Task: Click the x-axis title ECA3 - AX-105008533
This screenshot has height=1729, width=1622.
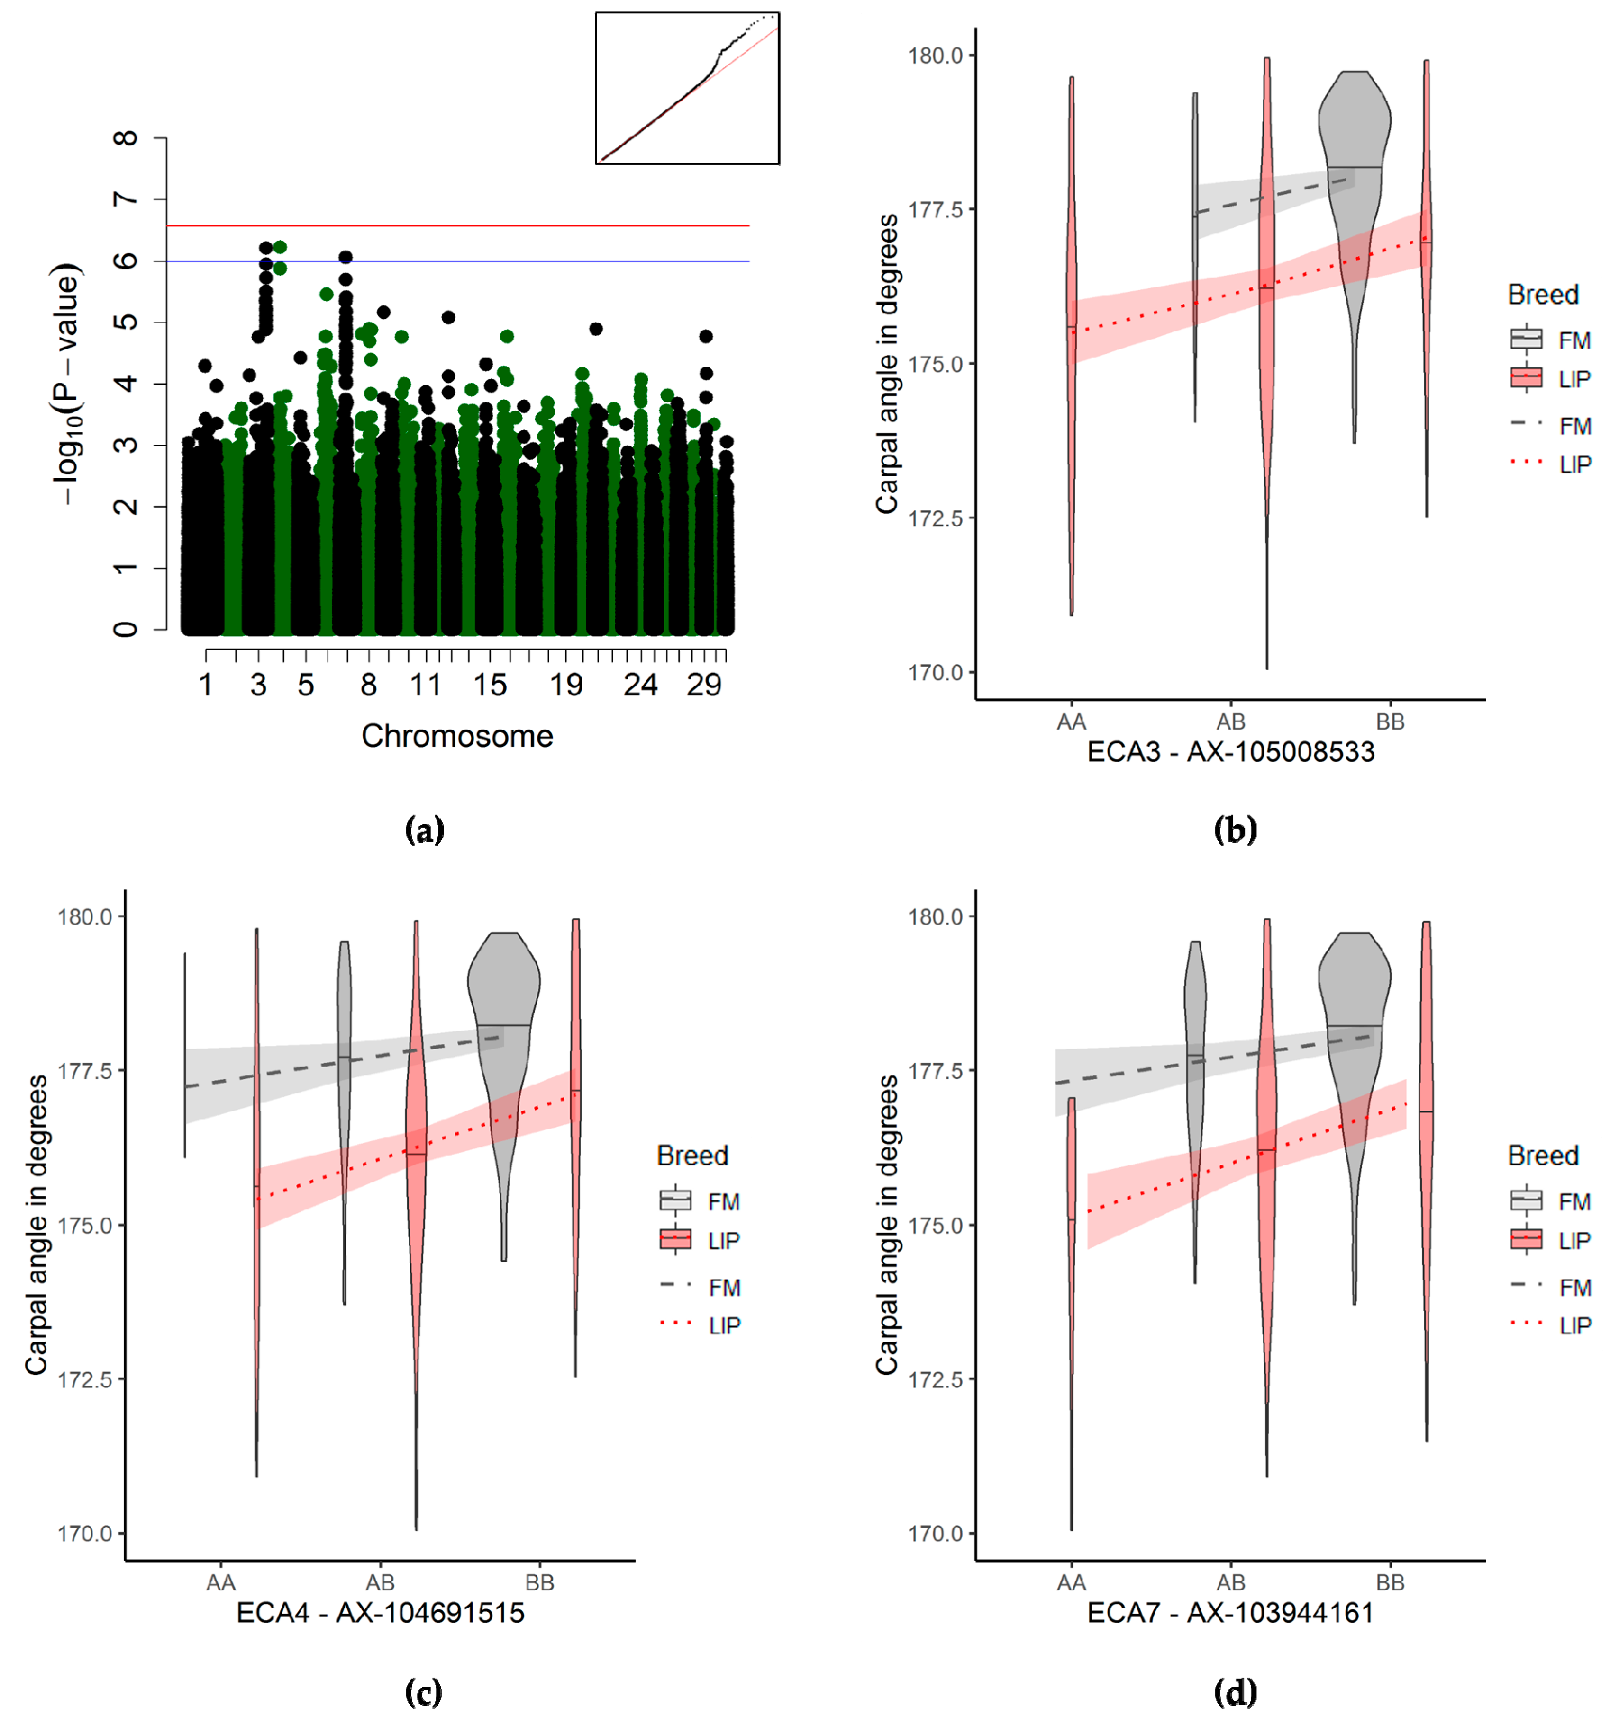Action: point(1230,751)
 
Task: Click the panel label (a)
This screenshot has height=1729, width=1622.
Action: point(424,830)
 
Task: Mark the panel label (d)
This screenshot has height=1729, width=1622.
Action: point(1235,1692)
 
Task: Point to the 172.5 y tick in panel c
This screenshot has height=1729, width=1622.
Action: point(85,1379)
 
